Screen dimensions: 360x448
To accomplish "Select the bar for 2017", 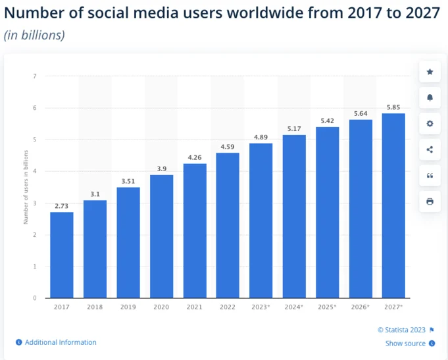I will point(62,255).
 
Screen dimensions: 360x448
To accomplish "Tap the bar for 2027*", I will point(393,205).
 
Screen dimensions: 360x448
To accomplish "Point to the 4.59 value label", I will point(228,147).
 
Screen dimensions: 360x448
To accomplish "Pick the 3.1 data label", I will point(95,194).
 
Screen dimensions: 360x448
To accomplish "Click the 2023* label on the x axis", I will point(261,307).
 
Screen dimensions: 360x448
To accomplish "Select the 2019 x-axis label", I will point(128,307).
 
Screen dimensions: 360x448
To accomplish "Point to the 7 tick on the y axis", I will point(34,76).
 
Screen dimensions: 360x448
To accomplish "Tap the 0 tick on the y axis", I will point(34,298).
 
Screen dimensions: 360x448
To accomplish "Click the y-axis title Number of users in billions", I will point(26,187).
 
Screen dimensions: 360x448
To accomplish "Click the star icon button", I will point(430,72).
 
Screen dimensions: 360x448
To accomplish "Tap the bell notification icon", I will point(430,97).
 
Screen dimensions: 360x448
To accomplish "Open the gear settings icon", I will point(430,124).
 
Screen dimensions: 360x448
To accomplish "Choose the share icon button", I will point(430,149).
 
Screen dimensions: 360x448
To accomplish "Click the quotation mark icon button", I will point(430,175).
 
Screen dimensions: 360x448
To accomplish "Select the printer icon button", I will point(430,201).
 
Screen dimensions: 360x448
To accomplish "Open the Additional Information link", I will point(61,342).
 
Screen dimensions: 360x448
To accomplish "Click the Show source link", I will point(405,344).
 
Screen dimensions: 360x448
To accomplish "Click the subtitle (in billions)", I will point(34,36).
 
